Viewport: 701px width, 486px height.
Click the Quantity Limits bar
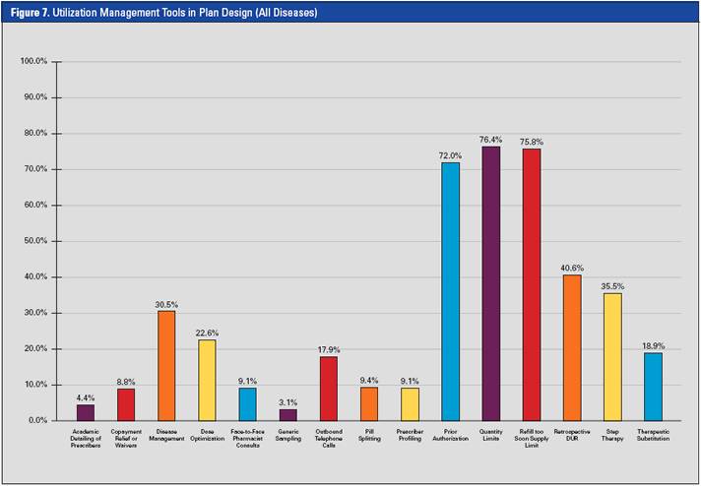(x=490, y=283)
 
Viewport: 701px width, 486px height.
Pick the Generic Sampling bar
(x=287, y=415)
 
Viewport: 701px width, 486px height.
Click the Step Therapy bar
(x=612, y=356)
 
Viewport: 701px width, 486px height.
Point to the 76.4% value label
(x=490, y=141)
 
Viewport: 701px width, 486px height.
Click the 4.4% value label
(x=86, y=398)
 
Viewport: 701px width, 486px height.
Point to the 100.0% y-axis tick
(x=34, y=62)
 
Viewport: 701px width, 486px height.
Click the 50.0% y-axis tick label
(x=34, y=241)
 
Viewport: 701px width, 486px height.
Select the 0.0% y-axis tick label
(x=36, y=420)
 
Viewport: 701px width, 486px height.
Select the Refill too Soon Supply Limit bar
(x=532, y=284)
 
